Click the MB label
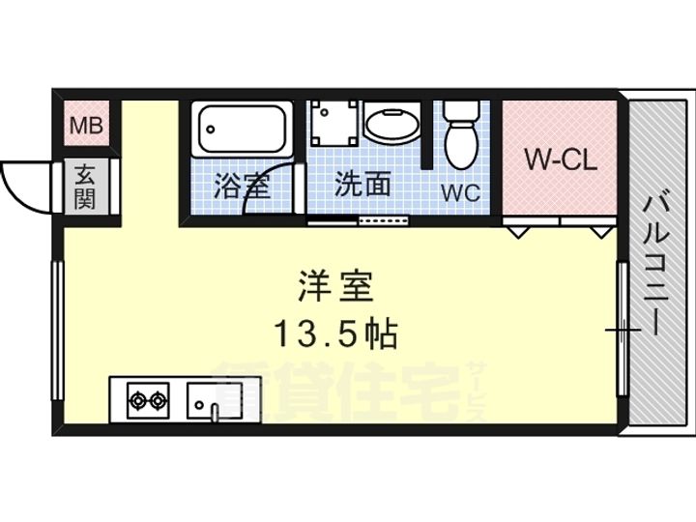87,126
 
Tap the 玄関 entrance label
84,187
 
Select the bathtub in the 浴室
242,129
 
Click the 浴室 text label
243,186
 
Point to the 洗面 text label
362,184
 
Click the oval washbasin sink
391,125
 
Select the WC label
461,192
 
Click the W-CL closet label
561,159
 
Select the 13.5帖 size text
335,334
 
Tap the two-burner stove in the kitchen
148,400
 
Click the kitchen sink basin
215,401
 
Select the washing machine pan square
334,124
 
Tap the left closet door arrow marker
518,232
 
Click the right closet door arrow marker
600,232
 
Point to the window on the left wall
58,331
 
